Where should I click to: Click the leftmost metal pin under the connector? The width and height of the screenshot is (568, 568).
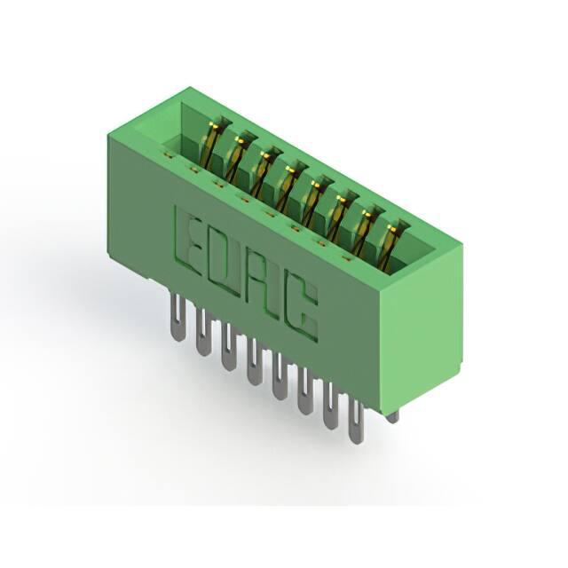(x=177, y=318)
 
